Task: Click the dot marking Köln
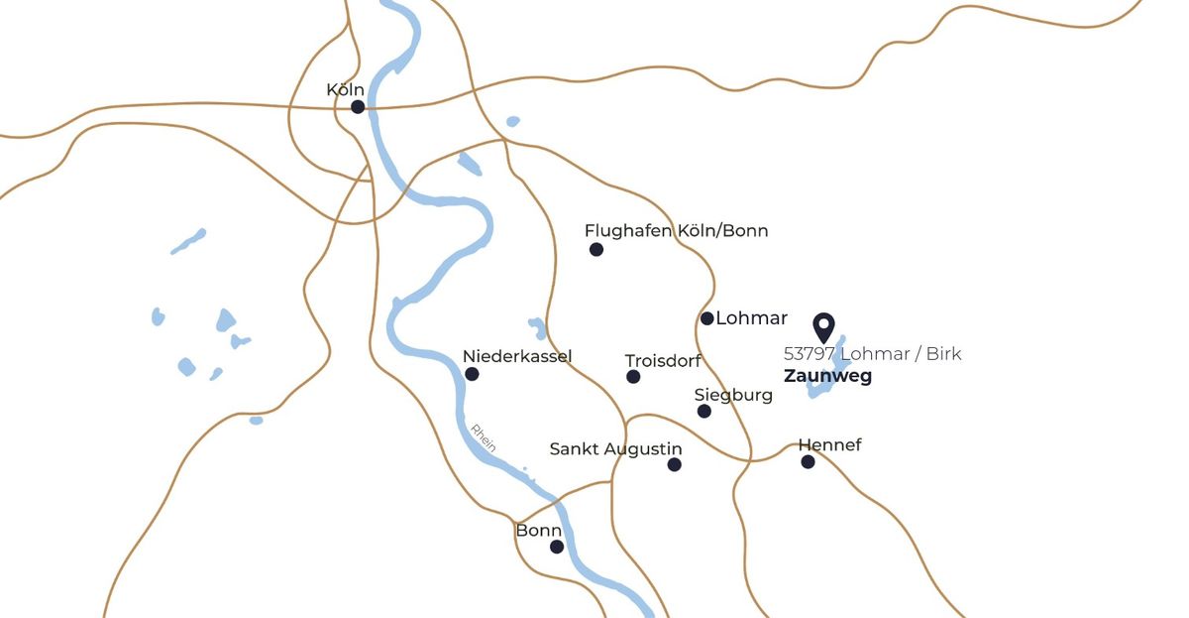358,106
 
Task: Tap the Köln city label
346,90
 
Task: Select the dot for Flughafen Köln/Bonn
596,249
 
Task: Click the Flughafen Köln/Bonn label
676,231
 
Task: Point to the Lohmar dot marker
707,318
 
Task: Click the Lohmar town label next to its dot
751,318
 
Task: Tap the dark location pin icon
823,327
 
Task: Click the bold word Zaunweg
827,377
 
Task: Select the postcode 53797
809,354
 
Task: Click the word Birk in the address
943,354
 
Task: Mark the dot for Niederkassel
472,374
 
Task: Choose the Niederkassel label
517,357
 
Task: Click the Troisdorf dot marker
633,377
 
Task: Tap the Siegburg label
733,395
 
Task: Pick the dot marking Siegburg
704,411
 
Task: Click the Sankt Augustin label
615,449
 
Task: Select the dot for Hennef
808,461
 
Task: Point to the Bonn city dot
557,547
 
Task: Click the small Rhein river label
484,438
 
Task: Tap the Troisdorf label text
663,361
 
